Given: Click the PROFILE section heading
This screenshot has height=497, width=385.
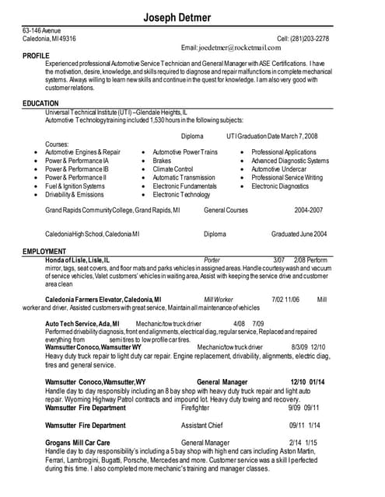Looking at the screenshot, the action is tap(37, 56).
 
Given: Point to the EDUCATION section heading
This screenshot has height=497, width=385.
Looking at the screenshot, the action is tap(40, 103).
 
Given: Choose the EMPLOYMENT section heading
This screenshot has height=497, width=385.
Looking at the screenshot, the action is tap(44, 252).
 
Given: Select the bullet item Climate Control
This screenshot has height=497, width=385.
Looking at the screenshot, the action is tap(173, 169).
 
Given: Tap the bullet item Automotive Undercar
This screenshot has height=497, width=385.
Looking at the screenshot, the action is tap(279, 169).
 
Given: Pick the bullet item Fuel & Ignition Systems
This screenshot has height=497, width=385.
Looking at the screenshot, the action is tap(75, 186).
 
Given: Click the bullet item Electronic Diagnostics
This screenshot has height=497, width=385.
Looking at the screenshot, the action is tap(280, 186).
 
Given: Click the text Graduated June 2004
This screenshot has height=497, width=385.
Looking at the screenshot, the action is tap(299, 234).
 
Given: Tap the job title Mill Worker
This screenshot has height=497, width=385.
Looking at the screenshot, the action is tap(219, 299).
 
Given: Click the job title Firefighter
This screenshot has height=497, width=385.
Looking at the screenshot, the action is tap(195, 407).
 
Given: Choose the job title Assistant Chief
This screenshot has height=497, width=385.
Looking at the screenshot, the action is tap(202, 426).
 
